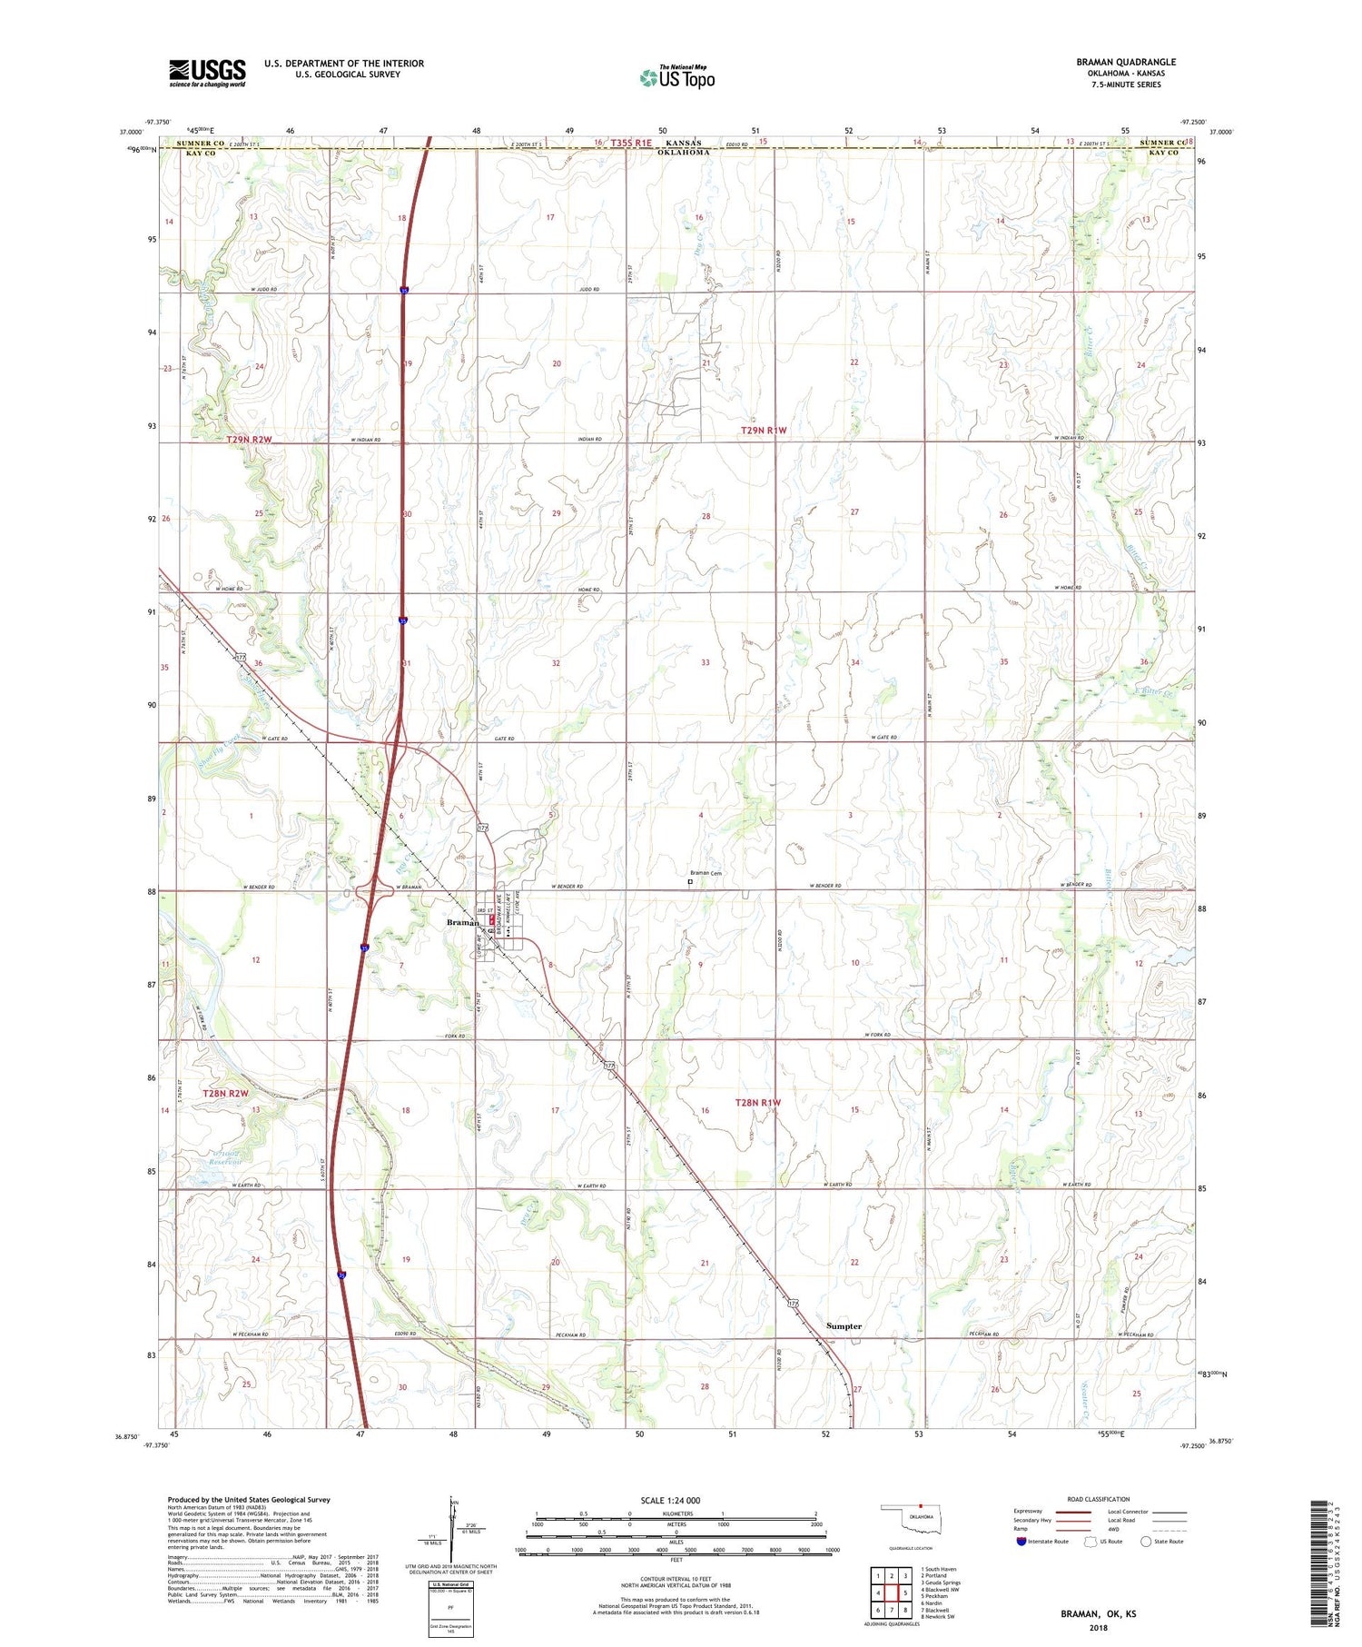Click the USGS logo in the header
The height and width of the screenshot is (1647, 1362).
[x=207, y=73]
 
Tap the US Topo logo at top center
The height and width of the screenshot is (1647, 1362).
[x=676, y=78]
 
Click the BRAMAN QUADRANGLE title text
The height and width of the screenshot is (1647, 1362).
[x=1125, y=62]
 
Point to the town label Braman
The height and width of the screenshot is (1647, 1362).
[x=462, y=923]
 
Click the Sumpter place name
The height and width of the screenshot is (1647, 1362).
[x=844, y=1326]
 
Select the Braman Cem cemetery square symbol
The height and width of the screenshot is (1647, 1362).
[x=689, y=881]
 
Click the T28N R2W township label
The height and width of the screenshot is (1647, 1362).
[x=225, y=1094]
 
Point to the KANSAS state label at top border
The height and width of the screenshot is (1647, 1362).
[x=683, y=144]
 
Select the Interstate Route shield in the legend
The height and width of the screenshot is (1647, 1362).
[x=1021, y=1541]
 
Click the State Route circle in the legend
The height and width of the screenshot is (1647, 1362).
[x=1146, y=1541]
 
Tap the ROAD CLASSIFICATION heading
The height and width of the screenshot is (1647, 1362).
[x=1099, y=1499]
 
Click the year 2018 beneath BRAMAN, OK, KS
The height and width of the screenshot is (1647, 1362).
[x=1098, y=1627]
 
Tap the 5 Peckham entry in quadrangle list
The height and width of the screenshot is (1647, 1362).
[x=934, y=1595]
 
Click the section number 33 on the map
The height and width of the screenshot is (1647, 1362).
[x=705, y=663]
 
